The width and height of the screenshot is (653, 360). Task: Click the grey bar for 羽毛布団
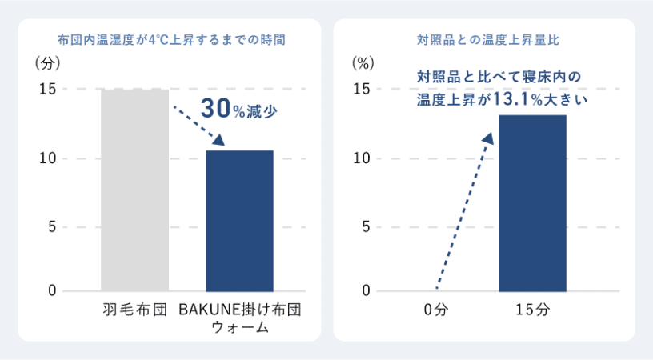click(x=134, y=190)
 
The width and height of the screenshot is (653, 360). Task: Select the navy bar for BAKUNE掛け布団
click(x=239, y=221)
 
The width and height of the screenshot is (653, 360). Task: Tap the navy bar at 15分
click(x=532, y=203)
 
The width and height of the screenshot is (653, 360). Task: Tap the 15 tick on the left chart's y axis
click(x=47, y=89)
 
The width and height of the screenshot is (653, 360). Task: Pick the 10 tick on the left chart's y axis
click(x=47, y=158)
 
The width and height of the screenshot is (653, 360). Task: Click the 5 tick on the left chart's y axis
click(x=51, y=226)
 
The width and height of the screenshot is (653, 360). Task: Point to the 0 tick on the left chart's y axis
click(x=51, y=291)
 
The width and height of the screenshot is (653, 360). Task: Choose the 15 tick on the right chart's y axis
click(x=362, y=89)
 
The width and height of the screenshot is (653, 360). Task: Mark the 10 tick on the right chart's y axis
click(x=362, y=158)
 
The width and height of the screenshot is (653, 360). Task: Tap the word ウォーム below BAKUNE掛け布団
click(x=239, y=327)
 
